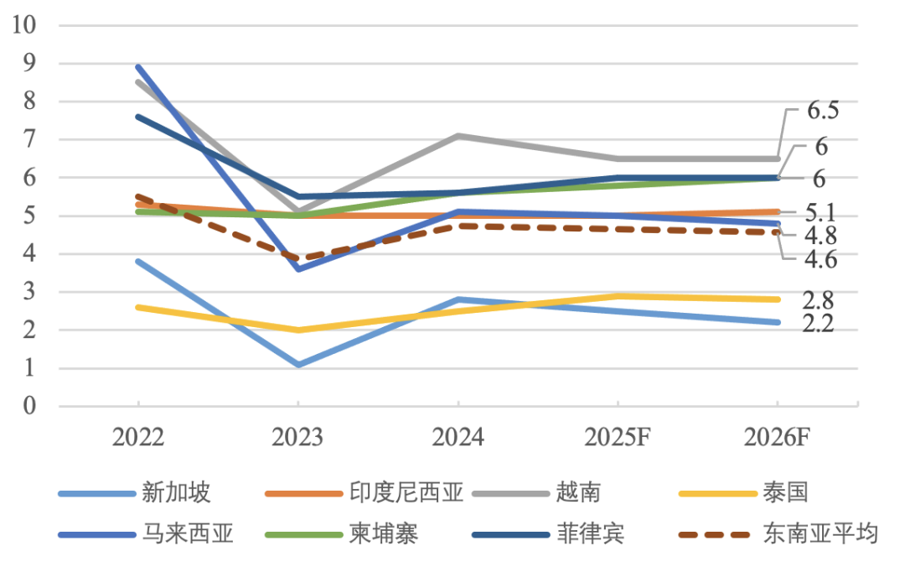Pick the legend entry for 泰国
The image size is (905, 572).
(786, 492)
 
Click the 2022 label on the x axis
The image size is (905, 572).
(138, 437)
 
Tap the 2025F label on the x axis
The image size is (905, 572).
(618, 437)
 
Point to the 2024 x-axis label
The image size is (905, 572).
(458, 437)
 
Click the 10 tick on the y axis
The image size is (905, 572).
(25, 25)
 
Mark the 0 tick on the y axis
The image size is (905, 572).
(31, 407)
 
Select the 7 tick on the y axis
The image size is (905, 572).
(31, 140)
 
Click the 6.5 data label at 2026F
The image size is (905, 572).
(823, 111)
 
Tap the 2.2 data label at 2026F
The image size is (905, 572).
(816, 325)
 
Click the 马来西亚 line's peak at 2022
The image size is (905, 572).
(138, 66)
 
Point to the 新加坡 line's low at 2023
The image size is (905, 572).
(298, 364)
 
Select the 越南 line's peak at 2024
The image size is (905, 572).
(458, 135)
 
